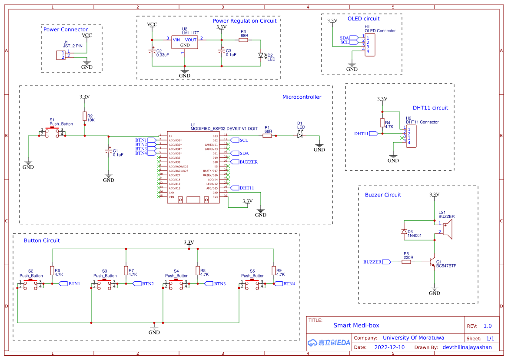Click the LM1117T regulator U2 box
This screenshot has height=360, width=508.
click(x=184, y=42)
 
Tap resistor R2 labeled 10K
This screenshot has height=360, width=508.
click(x=85, y=116)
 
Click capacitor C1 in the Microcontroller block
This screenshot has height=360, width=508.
click(x=109, y=151)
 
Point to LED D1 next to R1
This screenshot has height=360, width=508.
click(x=300, y=136)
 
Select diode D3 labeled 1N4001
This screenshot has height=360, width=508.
click(x=404, y=231)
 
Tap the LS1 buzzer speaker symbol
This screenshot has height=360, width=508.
click(x=448, y=229)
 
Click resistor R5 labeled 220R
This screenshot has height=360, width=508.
click(x=406, y=262)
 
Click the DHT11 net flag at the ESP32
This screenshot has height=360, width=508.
click(x=245, y=188)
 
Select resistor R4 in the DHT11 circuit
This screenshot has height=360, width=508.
click(x=382, y=123)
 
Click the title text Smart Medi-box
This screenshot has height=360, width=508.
click(x=356, y=325)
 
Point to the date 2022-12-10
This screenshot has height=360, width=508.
click(x=389, y=347)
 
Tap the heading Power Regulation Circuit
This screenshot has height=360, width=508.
click(x=244, y=21)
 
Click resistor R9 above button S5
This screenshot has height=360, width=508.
click(x=274, y=271)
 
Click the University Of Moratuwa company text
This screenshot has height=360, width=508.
click(x=413, y=337)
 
